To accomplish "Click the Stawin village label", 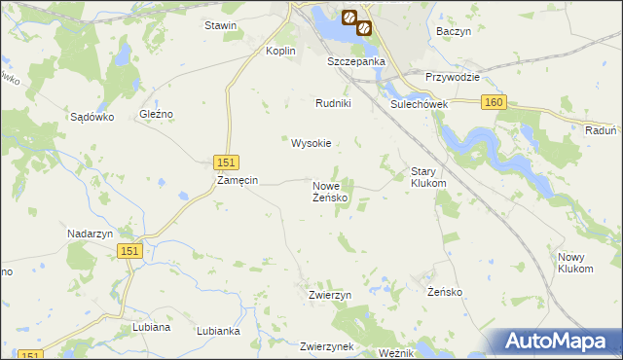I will coord(221,25).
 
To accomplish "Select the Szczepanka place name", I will coord(356,61).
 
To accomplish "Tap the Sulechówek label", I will coord(418,103).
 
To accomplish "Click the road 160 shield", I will coord(494,101).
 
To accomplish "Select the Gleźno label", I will coord(156,114).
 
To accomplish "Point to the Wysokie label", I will coord(311,143).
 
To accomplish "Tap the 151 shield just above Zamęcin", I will coord(225,162).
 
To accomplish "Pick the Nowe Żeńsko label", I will coord(331,192).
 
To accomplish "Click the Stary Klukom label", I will coord(428,176).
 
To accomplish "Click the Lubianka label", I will coord(218,331).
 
